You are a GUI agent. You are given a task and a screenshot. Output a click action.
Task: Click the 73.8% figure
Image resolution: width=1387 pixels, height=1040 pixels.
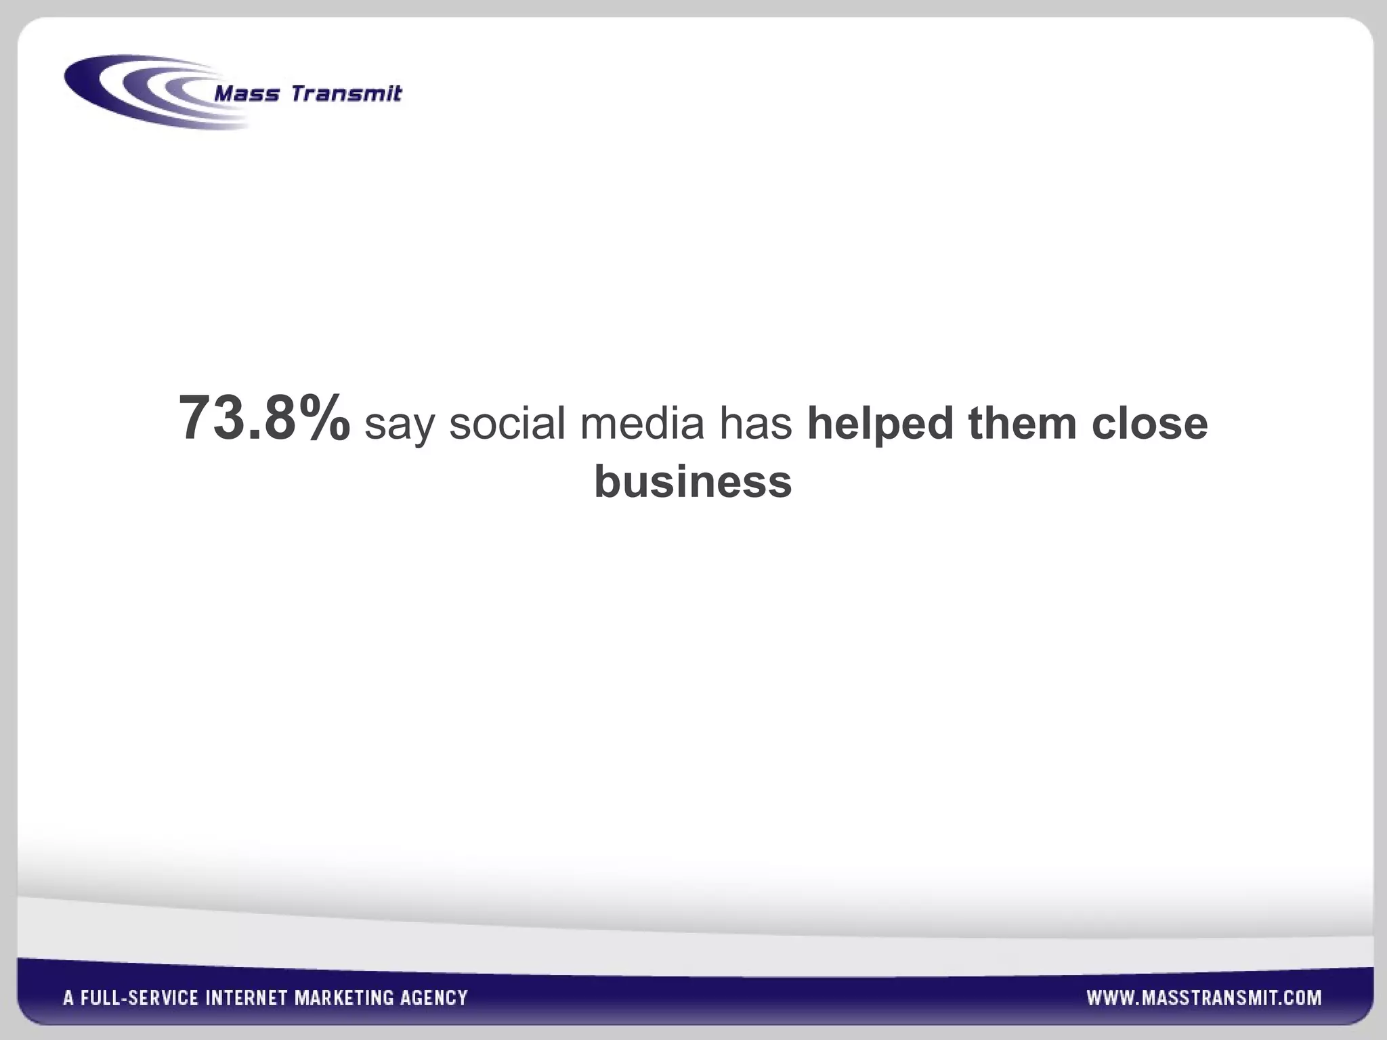(264, 418)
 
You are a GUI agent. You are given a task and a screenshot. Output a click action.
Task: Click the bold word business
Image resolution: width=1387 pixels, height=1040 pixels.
(693, 481)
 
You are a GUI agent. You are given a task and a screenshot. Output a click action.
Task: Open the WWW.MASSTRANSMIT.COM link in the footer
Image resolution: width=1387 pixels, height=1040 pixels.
(1204, 997)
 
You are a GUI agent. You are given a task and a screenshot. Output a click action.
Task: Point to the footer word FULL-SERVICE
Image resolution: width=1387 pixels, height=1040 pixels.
(140, 998)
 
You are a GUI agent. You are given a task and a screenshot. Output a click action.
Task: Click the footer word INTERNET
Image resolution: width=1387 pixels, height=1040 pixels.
(247, 998)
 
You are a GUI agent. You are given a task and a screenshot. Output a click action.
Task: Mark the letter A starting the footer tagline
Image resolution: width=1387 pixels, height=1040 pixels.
(68, 998)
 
